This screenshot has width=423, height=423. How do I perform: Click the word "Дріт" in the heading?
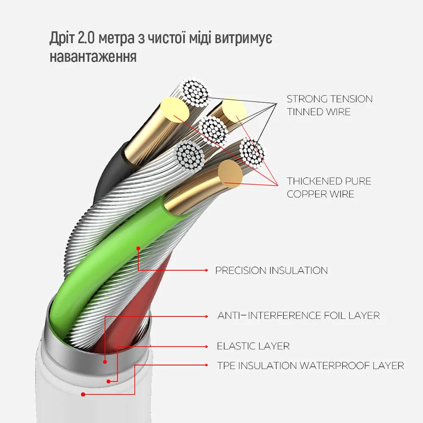click(x=62, y=38)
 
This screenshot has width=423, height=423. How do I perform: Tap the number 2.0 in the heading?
click(x=87, y=38)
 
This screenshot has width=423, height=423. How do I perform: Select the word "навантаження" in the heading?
click(x=93, y=56)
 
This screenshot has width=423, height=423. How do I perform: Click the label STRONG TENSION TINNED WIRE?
click(x=330, y=105)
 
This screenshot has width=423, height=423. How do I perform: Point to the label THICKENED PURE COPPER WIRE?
click(x=329, y=187)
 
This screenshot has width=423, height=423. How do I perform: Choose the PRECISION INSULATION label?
click(x=271, y=270)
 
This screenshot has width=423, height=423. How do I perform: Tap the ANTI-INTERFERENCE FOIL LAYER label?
click(x=298, y=316)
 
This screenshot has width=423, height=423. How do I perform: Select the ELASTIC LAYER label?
click(x=253, y=346)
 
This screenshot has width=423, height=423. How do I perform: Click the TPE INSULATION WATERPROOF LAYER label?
click(x=310, y=365)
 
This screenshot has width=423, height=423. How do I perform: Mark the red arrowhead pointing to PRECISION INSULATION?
click(x=206, y=270)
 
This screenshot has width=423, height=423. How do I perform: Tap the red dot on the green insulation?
click(x=138, y=247)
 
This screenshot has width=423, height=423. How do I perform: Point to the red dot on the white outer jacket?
click(x=83, y=394)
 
